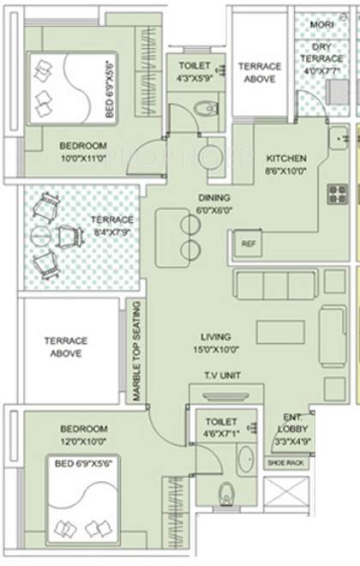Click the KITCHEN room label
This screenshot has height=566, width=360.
click(285, 159)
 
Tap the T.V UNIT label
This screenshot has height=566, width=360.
click(221, 376)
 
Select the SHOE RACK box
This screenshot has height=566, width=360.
click(285, 463)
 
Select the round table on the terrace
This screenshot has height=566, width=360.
click(39, 234)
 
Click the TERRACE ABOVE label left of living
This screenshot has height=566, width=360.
click(64, 346)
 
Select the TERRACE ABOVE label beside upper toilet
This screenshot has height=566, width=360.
click(259, 72)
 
